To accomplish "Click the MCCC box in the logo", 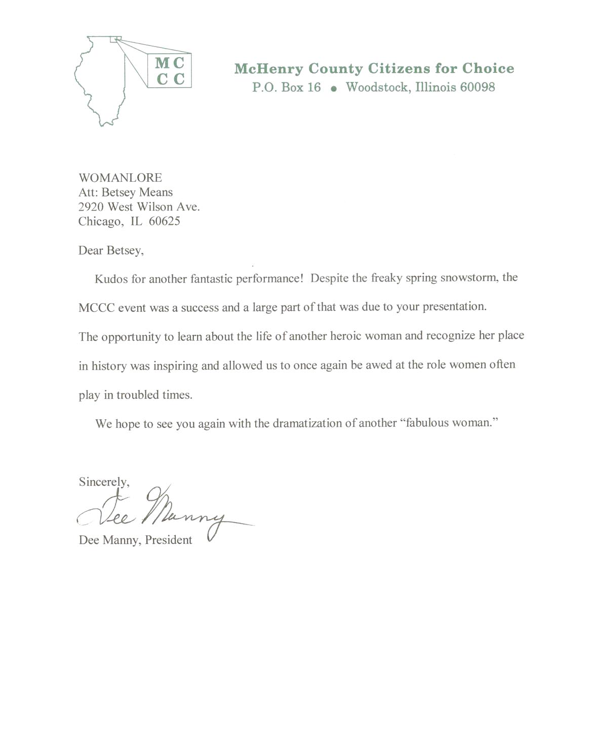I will click(170, 71).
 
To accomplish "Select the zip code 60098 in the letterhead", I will click(477, 87).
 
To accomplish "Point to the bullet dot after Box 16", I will click(333, 89).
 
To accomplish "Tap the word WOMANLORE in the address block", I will click(120, 178).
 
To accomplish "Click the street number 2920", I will click(91, 207).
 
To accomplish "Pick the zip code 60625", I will click(164, 221).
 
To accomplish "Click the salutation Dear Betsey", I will click(111, 251).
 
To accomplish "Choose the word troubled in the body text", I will click(137, 395).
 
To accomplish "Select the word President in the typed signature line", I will click(169, 540).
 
